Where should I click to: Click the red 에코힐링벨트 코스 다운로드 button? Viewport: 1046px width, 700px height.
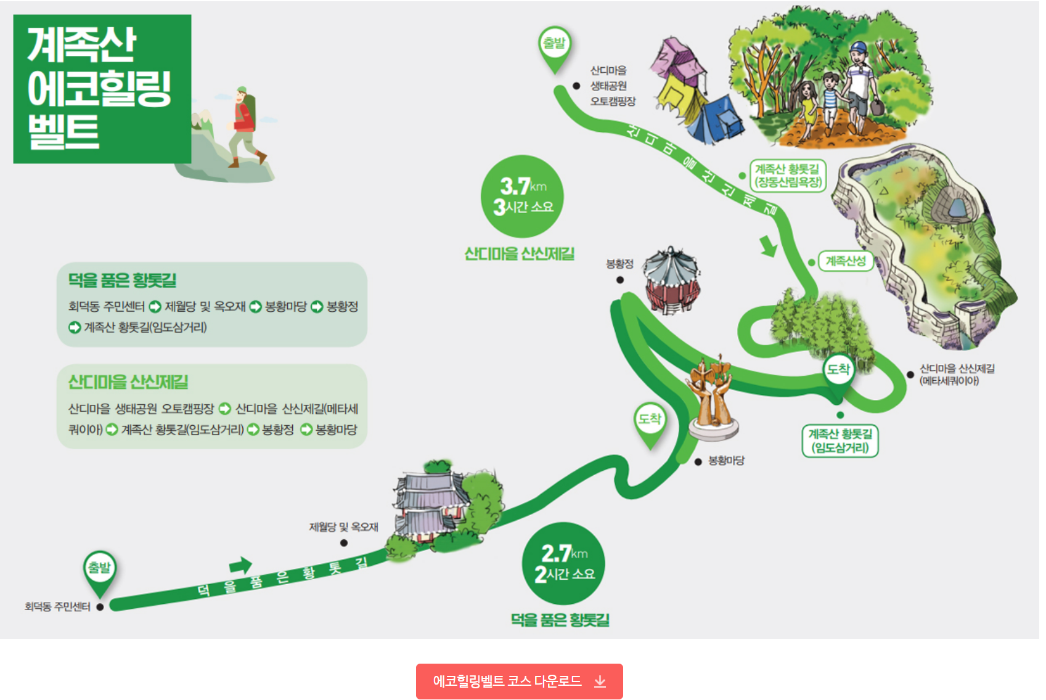(x=519, y=681)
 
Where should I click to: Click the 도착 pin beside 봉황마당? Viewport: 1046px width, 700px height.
(x=650, y=421)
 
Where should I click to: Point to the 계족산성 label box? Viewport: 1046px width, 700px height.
(x=845, y=261)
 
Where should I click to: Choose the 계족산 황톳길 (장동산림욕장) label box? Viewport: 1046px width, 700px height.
(x=787, y=176)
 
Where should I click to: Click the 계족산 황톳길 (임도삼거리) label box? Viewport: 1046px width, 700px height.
(x=840, y=441)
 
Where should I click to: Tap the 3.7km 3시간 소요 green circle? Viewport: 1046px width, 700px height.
(x=522, y=197)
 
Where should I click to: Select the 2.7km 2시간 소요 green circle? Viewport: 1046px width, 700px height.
(x=563, y=563)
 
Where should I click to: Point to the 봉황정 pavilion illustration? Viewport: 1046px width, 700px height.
(x=671, y=280)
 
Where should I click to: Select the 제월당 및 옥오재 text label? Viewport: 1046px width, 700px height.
(x=343, y=527)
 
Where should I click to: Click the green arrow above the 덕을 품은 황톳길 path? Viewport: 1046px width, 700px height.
(x=240, y=565)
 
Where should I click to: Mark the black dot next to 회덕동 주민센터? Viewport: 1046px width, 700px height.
(x=100, y=607)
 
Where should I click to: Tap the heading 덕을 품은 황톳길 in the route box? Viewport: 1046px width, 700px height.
(x=122, y=280)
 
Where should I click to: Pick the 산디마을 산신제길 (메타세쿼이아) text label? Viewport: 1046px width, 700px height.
(x=957, y=375)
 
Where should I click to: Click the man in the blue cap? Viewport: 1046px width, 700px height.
(x=859, y=86)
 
